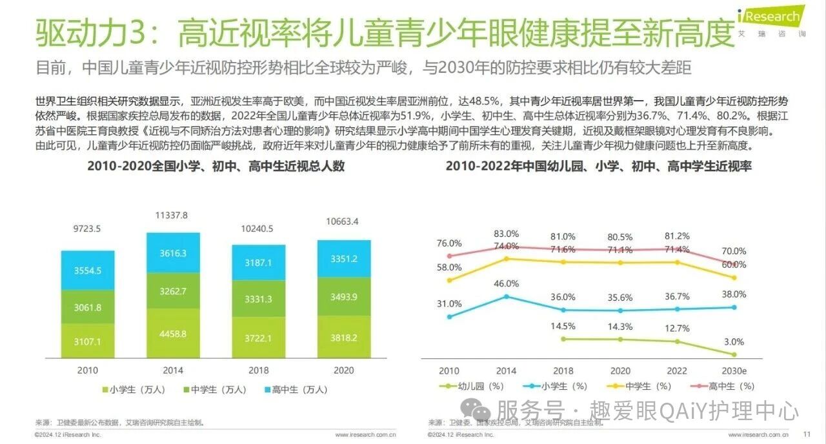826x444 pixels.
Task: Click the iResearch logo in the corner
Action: point(771,19)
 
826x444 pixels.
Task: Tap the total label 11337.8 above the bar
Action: point(172,215)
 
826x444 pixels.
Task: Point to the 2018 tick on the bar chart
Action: point(259,370)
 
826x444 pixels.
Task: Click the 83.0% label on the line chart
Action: point(507,234)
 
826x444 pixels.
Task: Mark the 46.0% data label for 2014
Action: point(507,283)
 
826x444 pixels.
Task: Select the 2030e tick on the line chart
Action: point(734,371)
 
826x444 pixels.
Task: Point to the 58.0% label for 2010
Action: point(449,267)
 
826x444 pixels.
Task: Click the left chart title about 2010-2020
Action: point(216,166)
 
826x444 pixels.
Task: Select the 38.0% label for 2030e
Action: point(734,294)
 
